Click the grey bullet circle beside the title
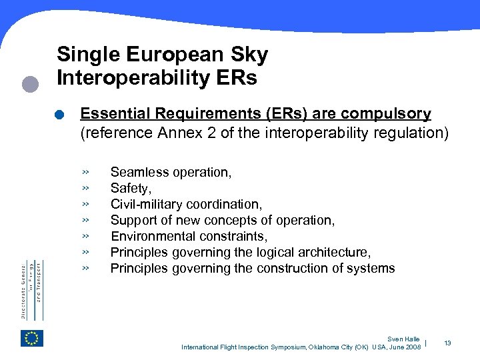(29, 84)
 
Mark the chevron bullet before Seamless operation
(86, 173)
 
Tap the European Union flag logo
(31, 338)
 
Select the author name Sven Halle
(403, 339)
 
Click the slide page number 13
(447, 343)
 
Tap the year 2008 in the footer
(413, 347)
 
